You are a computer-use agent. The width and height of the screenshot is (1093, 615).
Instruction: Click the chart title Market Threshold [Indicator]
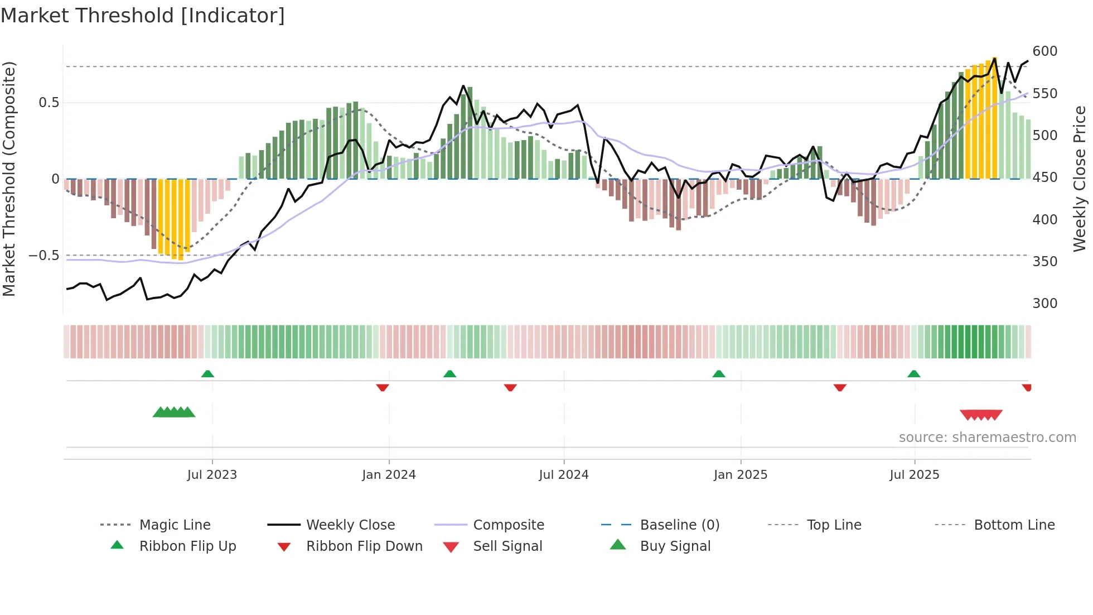[x=143, y=16]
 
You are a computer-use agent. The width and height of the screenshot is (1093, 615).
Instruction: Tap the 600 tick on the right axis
[x=1044, y=51]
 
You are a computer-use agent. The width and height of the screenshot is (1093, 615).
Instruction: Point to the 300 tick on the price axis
[x=1044, y=304]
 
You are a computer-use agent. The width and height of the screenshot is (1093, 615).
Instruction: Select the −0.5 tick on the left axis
[x=44, y=256]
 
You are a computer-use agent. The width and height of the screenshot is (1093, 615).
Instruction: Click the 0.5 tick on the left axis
[x=49, y=103]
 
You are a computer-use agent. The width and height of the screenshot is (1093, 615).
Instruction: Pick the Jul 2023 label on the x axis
[x=212, y=475]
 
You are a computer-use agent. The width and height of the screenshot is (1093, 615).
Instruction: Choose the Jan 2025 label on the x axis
[x=740, y=475]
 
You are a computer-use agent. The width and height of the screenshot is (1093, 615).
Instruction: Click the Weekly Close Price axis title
[x=1080, y=179]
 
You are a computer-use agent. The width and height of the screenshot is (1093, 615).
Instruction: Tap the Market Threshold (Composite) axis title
[x=9, y=179]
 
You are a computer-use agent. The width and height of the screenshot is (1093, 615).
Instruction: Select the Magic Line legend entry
[x=175, y=525]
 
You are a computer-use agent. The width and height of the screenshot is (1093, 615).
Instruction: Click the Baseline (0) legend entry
[x=679, y=525]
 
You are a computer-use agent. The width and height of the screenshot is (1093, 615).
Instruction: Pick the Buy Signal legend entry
[x=675, y=546]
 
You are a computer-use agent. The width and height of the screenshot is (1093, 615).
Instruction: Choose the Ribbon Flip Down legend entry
[x=364, y=546]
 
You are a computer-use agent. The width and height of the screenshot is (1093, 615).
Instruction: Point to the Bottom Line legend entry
[x=1014, y=525]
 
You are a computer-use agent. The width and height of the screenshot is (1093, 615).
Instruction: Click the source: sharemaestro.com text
[x=987, y=438]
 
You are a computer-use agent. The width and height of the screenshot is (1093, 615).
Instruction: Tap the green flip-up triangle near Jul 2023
[x=207, y=374]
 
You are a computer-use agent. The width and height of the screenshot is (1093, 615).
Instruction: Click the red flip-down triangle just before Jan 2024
[x=383, y=387]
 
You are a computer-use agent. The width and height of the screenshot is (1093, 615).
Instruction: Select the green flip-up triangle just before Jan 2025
[x=719, y=374]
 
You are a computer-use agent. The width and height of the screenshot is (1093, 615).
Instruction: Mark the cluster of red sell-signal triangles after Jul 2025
[x=981, y=415]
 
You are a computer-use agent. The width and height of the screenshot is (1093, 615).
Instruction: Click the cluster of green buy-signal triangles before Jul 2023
[x=174, y=412]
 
